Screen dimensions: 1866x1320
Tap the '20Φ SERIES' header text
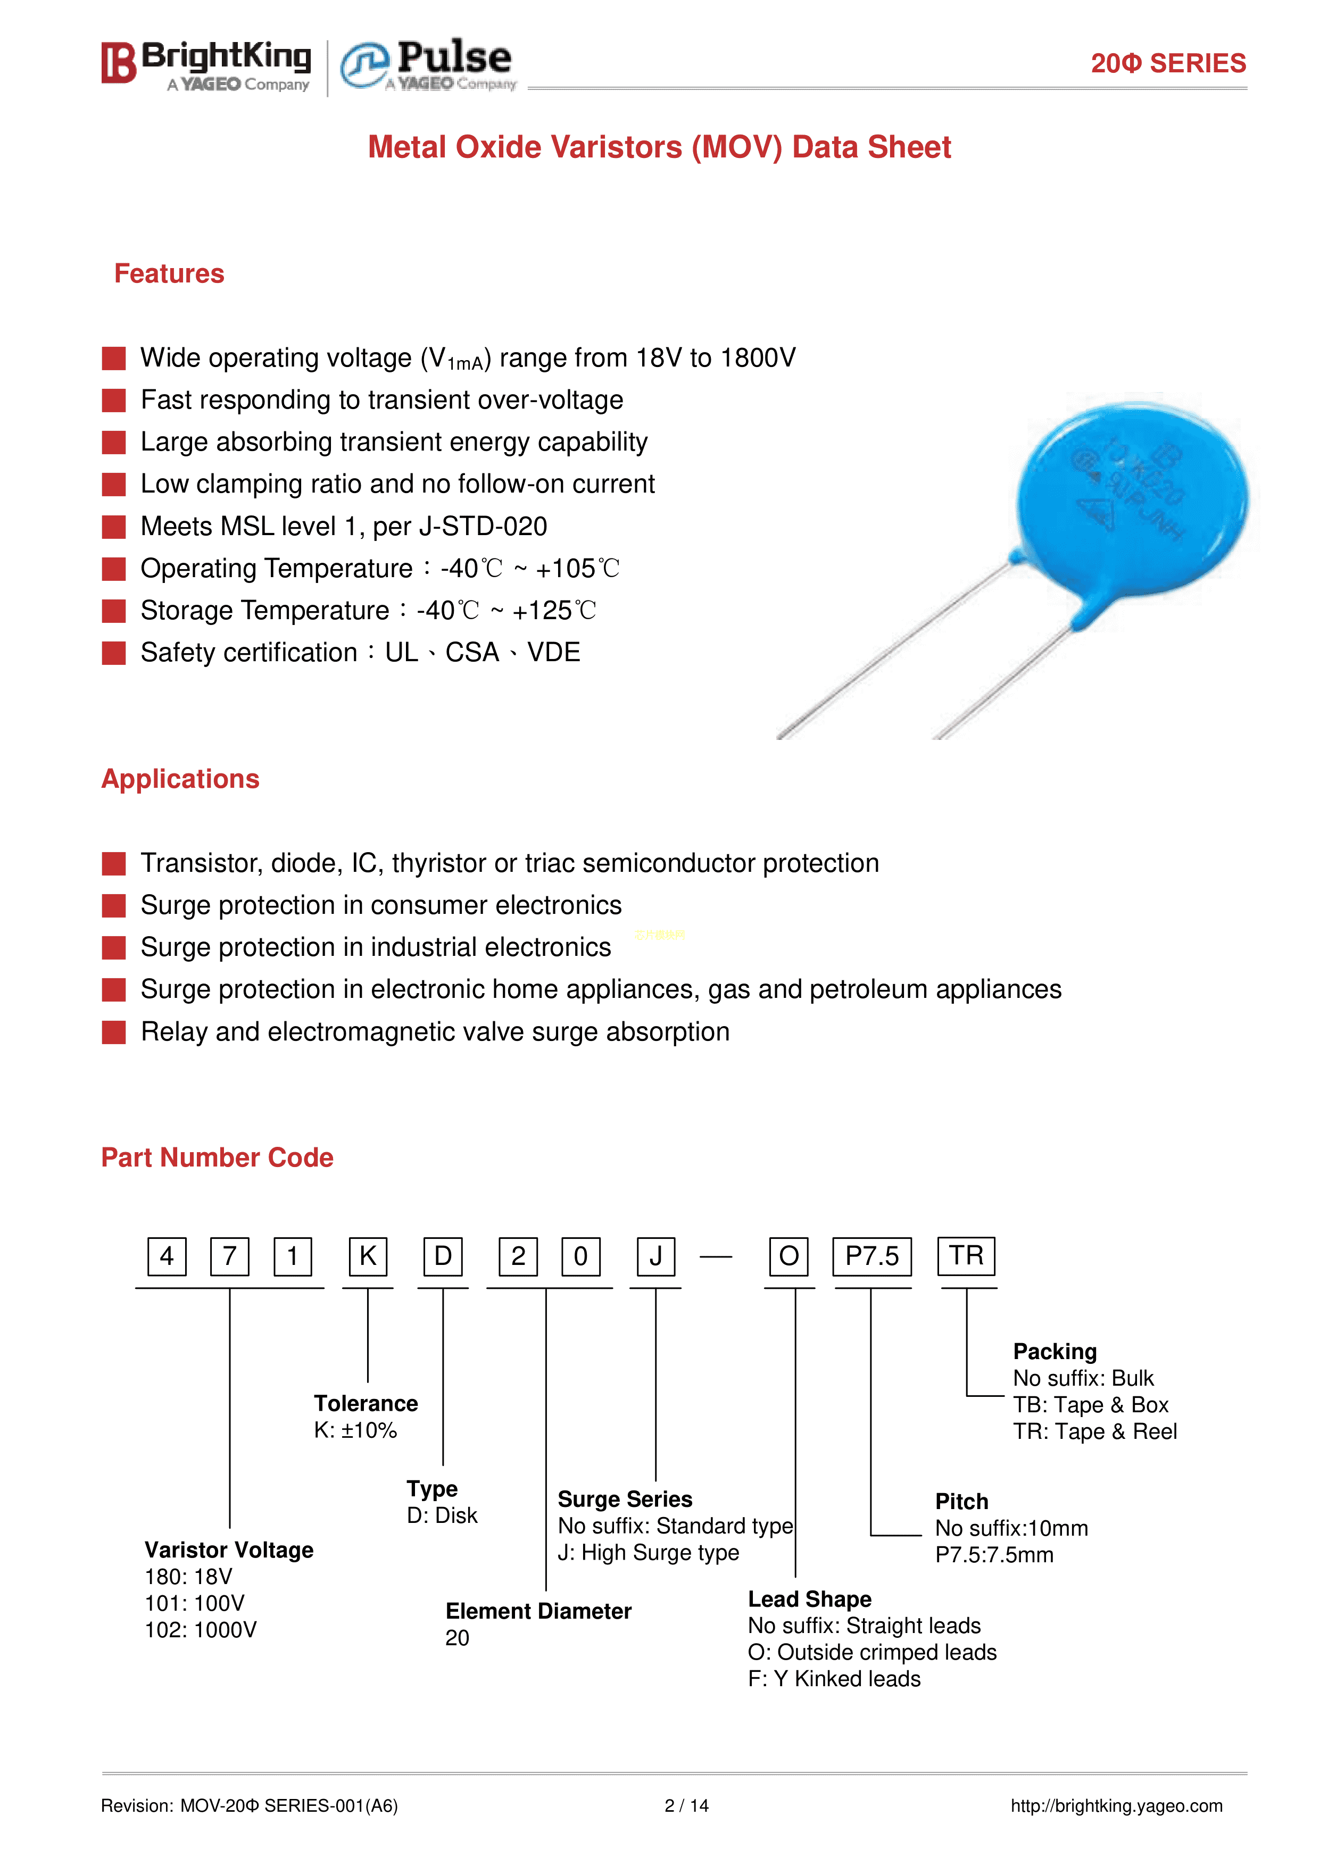(1167, 63)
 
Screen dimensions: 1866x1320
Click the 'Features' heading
(169, 274)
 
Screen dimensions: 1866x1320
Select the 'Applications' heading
(180, 779)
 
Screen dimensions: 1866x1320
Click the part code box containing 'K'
(368, 1256)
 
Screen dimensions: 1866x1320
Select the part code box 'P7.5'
(871, 1256)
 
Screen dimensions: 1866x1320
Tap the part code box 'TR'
(966, 1256)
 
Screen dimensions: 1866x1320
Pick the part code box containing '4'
(167, 1256)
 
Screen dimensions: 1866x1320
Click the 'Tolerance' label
(366, 1404)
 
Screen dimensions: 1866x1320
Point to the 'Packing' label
(1054, 1352)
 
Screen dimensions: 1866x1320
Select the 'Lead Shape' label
(810, 1600)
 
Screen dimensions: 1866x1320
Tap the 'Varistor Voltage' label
(228, 1550)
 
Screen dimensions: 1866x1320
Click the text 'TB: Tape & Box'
(1090, 1405)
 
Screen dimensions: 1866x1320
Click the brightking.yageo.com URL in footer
(1116, 1806)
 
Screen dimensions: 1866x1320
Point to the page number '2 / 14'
(686, 1806)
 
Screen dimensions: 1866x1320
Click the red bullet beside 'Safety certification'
(114, 653)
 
